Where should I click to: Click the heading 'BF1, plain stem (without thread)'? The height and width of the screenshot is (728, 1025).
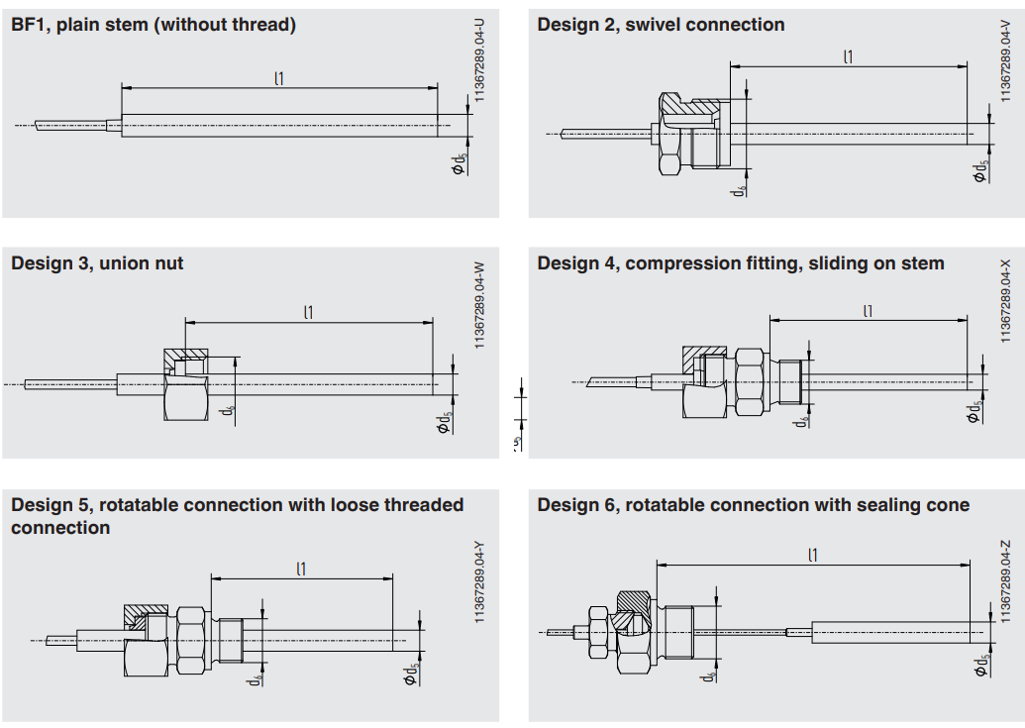[x=154, y=25]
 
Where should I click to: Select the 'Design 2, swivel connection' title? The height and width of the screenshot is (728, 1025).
[x=661, y=25]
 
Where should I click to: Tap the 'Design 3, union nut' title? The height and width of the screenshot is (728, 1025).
[x=97, y=263]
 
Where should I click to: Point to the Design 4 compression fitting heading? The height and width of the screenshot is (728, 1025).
[x=741, y=263]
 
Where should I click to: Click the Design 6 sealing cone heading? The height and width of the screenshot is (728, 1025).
[x=753, y=505]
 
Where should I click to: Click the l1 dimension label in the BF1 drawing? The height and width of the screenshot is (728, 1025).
[x=279, y=77]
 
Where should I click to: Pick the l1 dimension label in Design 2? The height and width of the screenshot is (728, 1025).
[x=848, y=56]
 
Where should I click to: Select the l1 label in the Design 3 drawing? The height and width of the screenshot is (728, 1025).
[x=309, y=312]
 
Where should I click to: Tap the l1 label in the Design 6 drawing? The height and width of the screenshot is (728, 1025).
[x=813, y=555]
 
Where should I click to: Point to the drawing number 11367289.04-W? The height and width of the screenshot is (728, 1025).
[x=480, y=303]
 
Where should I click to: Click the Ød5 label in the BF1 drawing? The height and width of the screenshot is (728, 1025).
[x=459, y=163]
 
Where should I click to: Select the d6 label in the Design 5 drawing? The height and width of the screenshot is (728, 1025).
[x=256, y=679]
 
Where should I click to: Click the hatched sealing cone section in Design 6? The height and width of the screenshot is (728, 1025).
[x=630, y=607]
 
